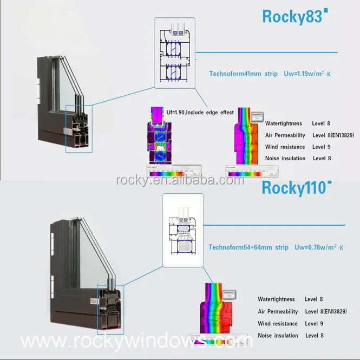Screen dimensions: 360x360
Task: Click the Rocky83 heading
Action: pyautogui.click(x=294, y=16)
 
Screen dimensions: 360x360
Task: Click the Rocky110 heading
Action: pyautogui.click(x=296, y=188)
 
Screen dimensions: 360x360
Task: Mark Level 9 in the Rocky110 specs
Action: pyautogui.click(x=314, y=324)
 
